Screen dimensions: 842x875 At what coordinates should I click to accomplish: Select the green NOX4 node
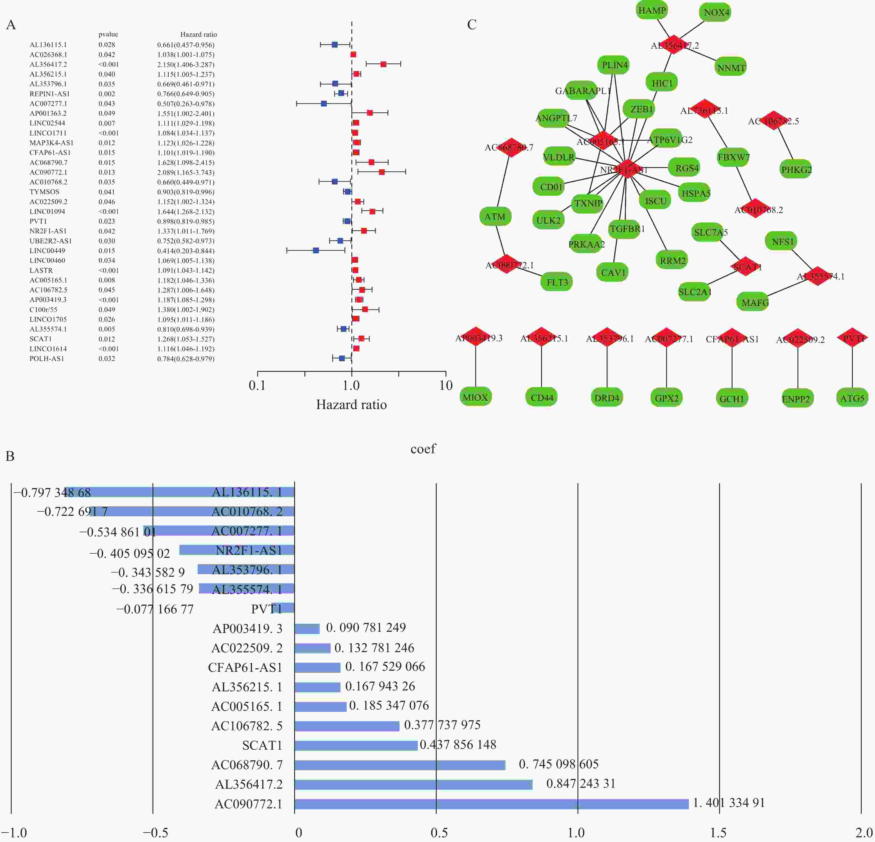click(x=716, y=13)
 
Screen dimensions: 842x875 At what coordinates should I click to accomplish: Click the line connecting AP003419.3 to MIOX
click(x=476, y=366)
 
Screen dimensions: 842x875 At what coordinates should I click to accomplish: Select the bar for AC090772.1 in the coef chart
click(x=491, y=804)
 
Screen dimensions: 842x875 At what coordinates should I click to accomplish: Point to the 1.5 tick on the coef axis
click(x=719, y=832)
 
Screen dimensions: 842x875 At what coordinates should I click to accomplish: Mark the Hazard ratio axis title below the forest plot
click(x=351, y=405)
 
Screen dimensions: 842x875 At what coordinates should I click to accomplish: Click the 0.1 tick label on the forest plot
click(x=257, y=385)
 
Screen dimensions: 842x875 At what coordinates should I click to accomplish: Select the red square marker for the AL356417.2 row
click(x=383, y=64)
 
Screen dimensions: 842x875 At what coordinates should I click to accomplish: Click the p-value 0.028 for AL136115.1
click(x=107, y=45)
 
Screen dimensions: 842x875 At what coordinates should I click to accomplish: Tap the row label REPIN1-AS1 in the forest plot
click(x=49, y=94)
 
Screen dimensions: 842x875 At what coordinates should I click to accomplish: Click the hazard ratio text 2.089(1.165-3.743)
click(x=186, y=172)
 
